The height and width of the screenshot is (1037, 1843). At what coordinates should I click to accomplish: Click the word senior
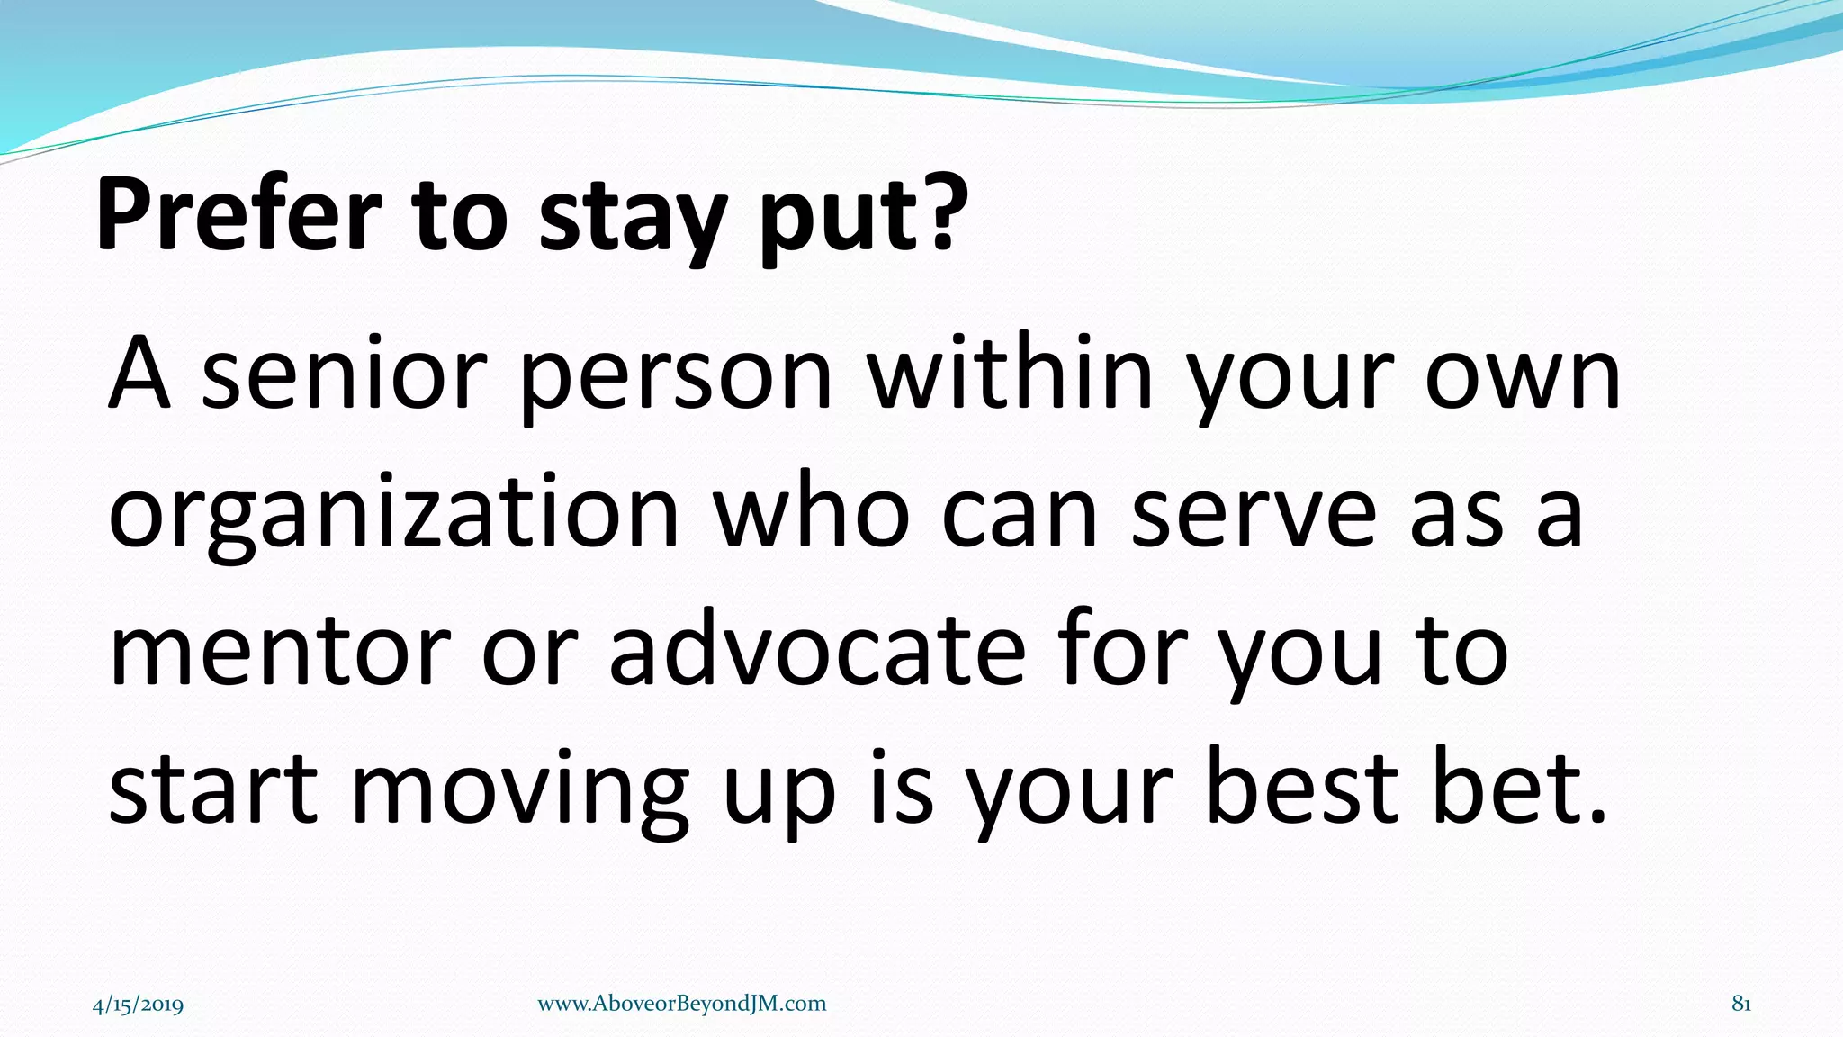click(x=343, y=374)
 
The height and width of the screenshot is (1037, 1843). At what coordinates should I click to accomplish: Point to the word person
click(x=676, y=378)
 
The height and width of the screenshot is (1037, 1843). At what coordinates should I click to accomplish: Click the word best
click(x=1301, y=787)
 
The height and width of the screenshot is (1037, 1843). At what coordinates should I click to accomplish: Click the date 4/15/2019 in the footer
click(x=138, y=1005)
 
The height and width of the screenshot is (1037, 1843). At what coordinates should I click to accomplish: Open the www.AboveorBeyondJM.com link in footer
click(x=681, y=1004)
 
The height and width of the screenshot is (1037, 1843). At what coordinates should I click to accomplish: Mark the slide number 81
click(x=1740, y=1004)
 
